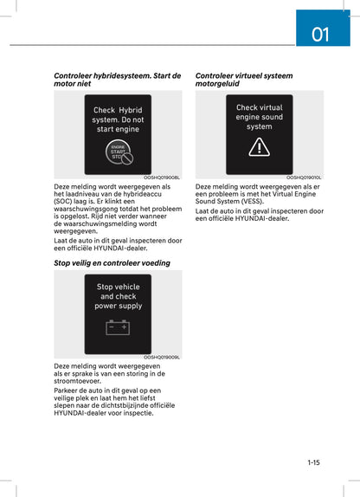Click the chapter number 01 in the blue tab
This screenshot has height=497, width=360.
[x=320, y=35]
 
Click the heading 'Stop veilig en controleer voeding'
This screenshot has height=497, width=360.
[x=112, y=262]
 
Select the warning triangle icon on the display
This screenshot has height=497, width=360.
[x=259, y=147]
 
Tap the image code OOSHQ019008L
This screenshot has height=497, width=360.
[x=162, y=177]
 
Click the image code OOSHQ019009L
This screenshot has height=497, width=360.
[x=162, y=357]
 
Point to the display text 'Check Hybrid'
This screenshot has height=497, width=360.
[x=118, y=111]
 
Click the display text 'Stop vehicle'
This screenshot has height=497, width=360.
[x=118, y=287]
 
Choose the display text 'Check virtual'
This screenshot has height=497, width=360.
[x=259, y=108]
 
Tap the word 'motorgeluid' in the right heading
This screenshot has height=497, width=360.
[x=220, y=85]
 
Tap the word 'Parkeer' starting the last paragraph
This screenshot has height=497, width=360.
[x=67, y=390]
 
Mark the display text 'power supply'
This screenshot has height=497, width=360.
[x=118, y=306]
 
